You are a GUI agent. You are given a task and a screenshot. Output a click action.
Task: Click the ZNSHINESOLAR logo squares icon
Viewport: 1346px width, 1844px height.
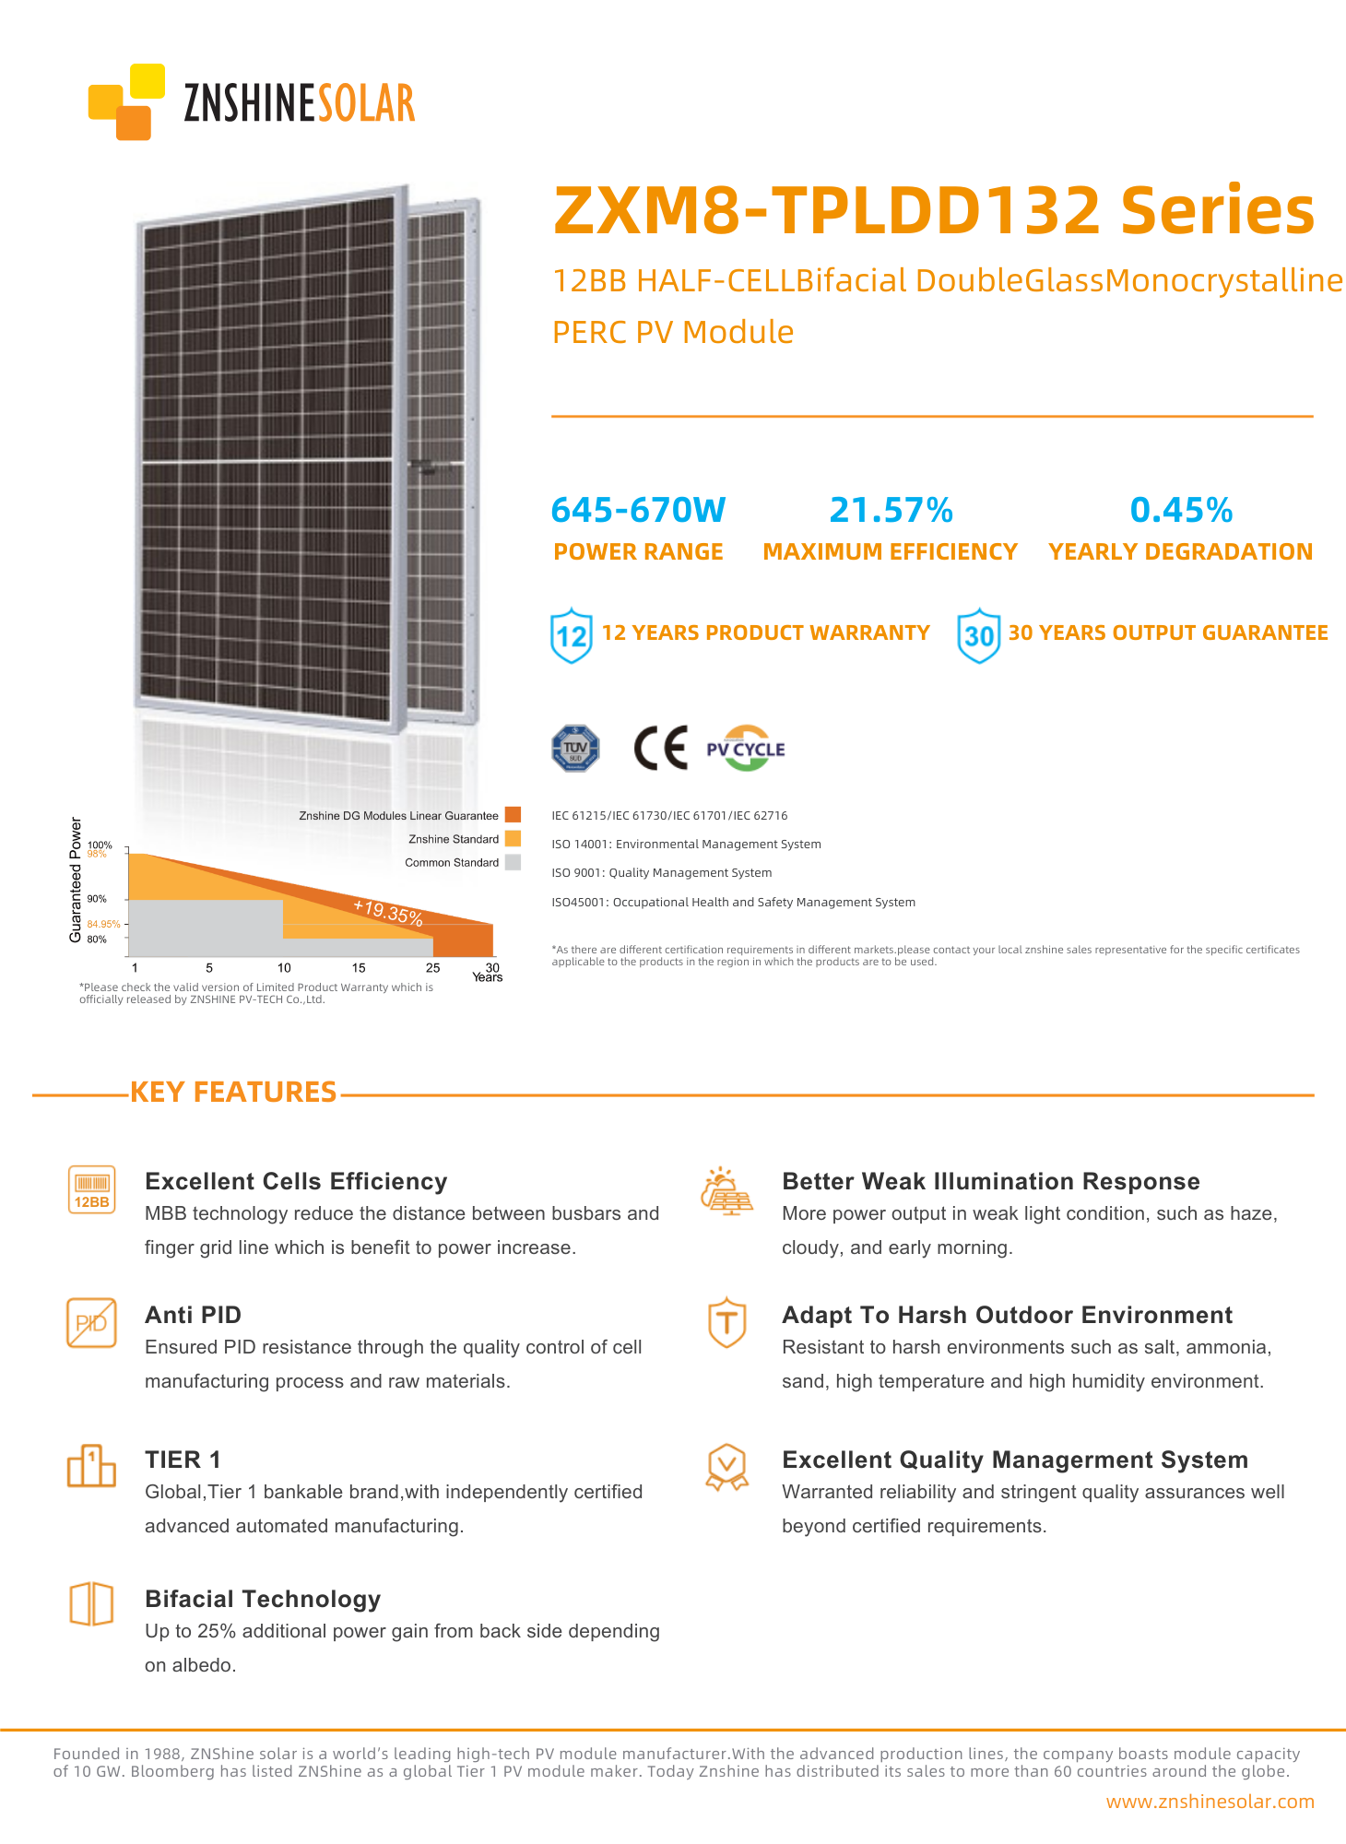pos(126,101)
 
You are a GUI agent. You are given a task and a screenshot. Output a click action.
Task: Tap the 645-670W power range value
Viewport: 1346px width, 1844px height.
pos(638,510)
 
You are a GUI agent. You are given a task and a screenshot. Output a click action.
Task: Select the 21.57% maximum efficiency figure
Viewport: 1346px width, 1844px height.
pos(891,510)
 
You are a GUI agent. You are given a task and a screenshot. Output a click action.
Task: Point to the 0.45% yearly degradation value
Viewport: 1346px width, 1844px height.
pos(1181,510)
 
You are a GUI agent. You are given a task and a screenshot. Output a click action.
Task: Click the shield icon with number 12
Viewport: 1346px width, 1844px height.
pos(572,635)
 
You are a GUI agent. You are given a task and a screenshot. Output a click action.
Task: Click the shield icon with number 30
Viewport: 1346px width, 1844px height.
pos(978,635)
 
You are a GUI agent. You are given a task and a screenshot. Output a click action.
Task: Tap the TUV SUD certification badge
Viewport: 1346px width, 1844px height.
pos(575,748)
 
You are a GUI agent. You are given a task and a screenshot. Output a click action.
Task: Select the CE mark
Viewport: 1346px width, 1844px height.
pos(661,748)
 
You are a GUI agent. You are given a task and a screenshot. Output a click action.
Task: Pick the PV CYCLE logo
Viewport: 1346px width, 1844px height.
pos(745,749)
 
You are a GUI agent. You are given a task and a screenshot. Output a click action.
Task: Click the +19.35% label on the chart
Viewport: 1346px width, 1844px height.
pos(388,912)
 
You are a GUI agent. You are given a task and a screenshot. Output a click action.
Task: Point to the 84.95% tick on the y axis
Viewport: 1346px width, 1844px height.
pos(103,924)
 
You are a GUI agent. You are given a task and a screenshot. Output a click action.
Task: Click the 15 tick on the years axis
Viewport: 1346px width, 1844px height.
pos(359,968)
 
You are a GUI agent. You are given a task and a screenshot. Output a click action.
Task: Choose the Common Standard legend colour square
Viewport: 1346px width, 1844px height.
pos(514,862)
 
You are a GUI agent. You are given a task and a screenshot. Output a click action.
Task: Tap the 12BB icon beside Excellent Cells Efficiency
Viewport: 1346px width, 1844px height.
pos(92,1189)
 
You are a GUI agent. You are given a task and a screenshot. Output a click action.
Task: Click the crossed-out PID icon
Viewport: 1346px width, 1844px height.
pos(92,1323)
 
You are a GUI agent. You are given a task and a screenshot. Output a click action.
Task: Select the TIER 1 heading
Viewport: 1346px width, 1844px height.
pos(183,1460)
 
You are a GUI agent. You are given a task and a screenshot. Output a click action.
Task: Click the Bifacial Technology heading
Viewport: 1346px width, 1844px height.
pos(263,1599)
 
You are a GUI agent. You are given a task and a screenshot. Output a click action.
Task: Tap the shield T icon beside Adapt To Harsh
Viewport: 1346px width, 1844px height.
pos(727,1322)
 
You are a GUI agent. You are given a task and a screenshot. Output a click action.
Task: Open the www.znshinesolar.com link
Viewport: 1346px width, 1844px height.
pos(1210,1802)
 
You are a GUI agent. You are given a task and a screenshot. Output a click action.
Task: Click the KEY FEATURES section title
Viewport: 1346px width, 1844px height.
pos(233,1092)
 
